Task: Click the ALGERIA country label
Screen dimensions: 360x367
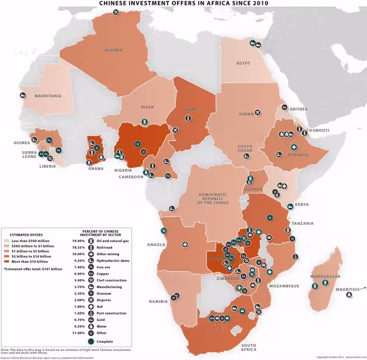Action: point(112,50)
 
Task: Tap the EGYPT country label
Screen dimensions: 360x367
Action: point(244,63)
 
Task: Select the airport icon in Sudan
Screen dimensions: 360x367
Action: point(257,112)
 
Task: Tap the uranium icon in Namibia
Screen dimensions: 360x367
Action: point(174,298)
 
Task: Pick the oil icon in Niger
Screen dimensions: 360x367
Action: point(145,121)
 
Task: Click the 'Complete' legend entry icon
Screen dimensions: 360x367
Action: point(91,341)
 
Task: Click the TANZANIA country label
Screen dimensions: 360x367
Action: point(302,224)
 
